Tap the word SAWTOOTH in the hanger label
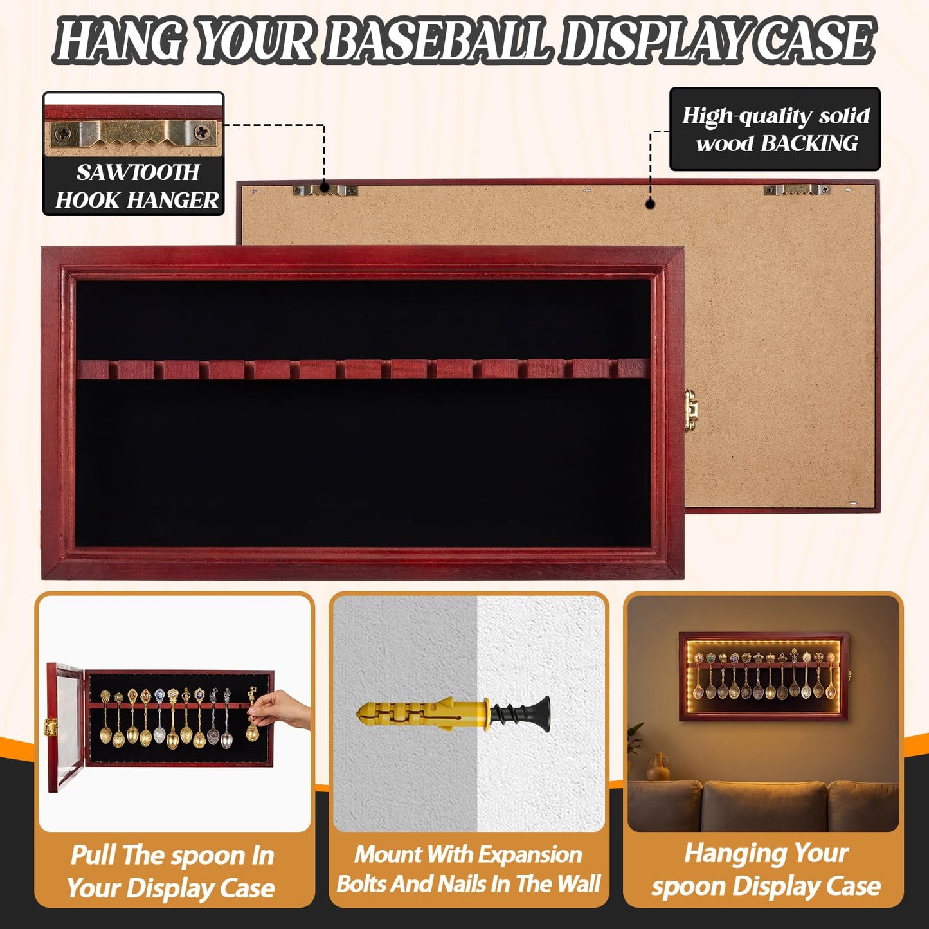138,172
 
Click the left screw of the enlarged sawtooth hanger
62,132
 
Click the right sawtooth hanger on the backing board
797,190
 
